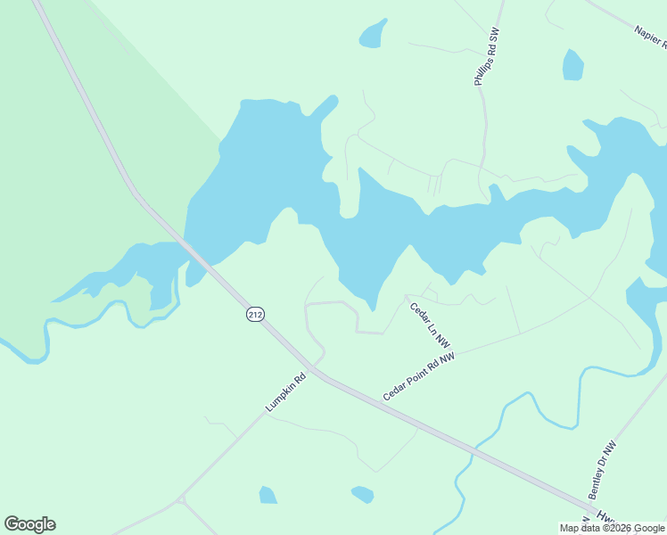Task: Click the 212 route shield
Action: [x=255, y=314]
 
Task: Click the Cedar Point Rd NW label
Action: [x=419, y=375]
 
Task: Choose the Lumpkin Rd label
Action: [x=285, y=392]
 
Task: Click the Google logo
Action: [x=29, y=524]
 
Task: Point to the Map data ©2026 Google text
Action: [x=612, y=528]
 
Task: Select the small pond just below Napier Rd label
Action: [x=572, y=65]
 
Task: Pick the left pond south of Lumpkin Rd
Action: [x=268, y=495]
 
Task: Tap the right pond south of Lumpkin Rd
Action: [x=362, y=493]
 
